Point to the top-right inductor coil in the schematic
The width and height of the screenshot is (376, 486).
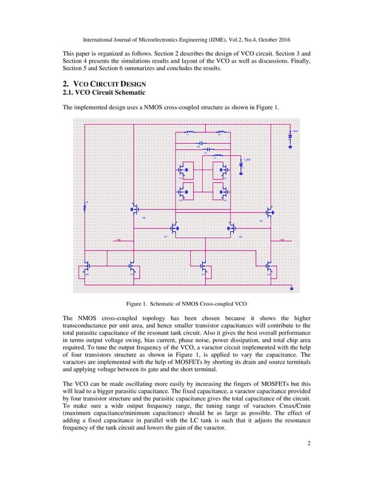click(x=221, y=132)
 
